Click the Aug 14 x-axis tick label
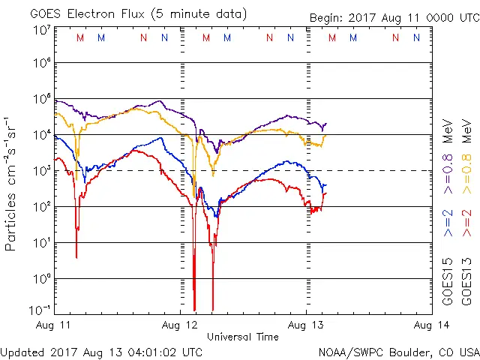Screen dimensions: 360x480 (x=431, y=325)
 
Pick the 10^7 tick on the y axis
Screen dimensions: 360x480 (x=42, y=30)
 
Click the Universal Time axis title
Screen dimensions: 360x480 (x=243, y=337)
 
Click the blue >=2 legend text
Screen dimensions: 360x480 (x=448, y=222)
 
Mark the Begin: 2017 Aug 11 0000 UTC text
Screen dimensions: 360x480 (x=394, y=17)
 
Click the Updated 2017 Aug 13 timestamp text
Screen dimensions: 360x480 (x=102, y=351)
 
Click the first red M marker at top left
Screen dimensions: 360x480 (x=80, y=38)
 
